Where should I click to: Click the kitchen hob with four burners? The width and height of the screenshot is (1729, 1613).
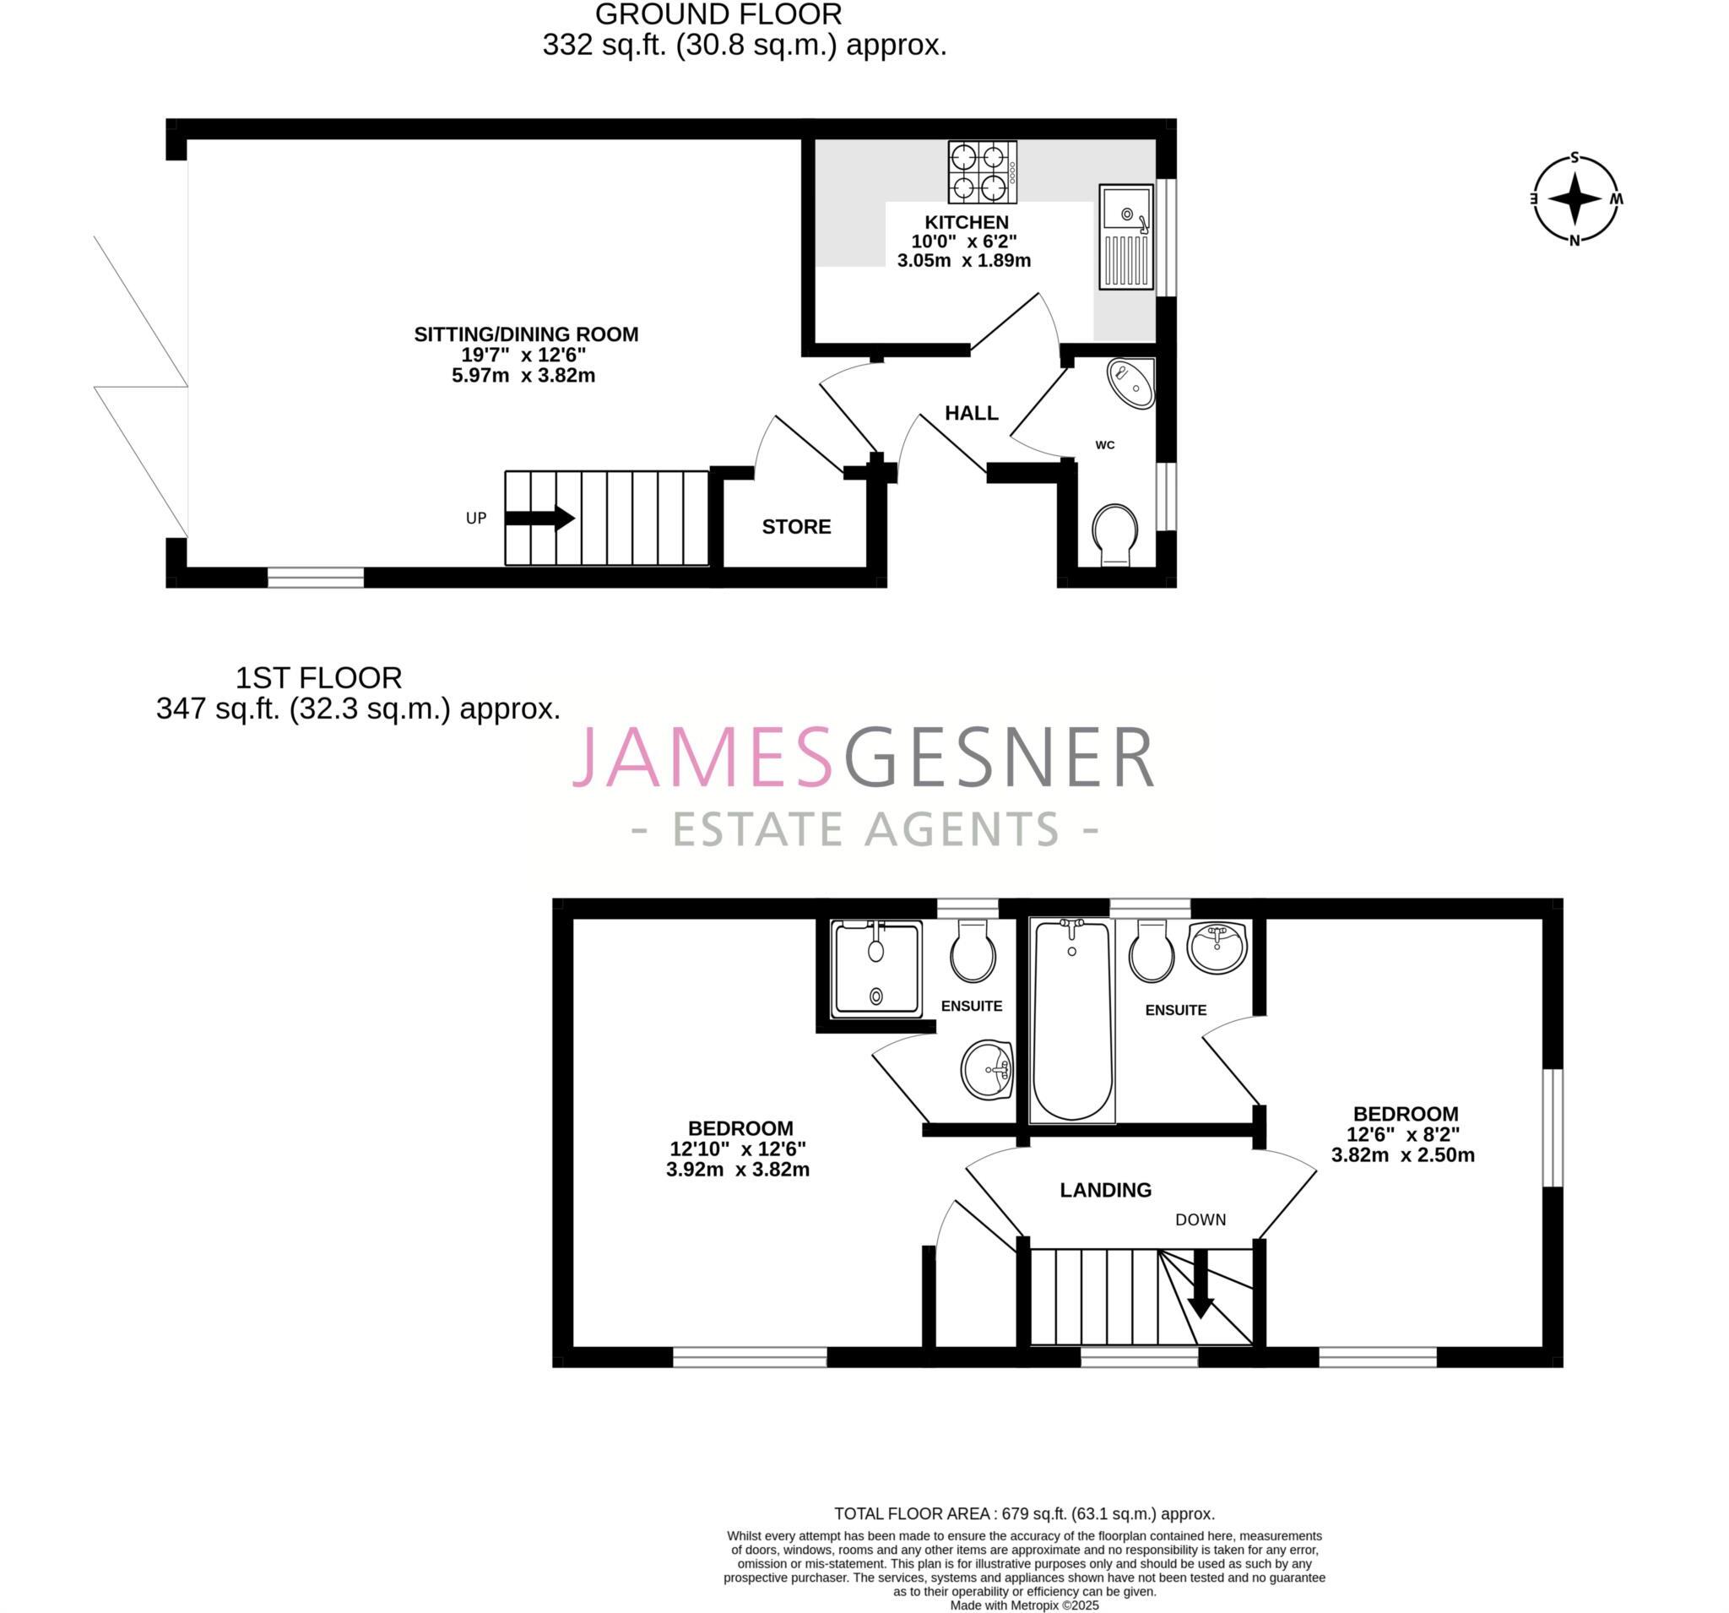[x=982, y=171]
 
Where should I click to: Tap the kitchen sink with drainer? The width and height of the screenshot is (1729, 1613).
[x=1125, y=236]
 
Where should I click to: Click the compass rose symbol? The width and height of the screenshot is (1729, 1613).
[x=1575, y=199]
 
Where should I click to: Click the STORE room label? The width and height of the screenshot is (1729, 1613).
[x=796, y=526]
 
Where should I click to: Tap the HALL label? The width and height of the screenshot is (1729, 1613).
[x=972, y=413]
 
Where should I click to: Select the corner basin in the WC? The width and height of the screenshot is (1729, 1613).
[x=1131, y=383]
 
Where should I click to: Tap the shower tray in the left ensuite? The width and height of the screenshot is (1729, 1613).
[x=876, y=969]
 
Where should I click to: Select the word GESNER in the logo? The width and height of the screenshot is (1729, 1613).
[x=999, y=758]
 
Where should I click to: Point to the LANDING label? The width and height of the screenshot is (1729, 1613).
[x=1105, y=1190]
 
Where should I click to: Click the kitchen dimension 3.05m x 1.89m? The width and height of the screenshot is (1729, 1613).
[x=963, y=260]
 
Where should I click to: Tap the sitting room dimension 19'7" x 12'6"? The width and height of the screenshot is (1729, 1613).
[x=523, y=355]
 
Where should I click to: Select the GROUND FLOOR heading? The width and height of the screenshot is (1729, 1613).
[x=718, y=15]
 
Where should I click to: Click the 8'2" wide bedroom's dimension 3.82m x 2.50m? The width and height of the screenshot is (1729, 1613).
[x=1403, y=1155]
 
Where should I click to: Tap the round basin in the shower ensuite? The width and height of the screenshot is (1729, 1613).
[x=986, y=1069]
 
